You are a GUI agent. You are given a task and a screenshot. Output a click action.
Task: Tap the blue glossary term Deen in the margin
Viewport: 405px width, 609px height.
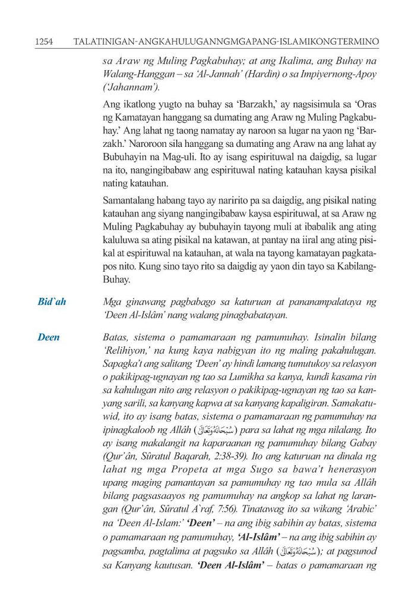(48, 337)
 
